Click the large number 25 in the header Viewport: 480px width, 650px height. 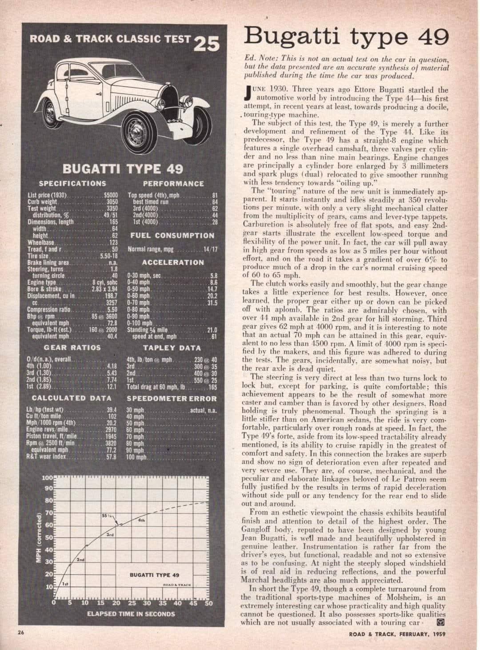pos(208,44)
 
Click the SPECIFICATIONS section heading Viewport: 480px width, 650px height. pos(72,183)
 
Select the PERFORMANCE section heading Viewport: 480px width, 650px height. pos(173,183)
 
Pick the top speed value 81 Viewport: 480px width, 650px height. pos(214,195)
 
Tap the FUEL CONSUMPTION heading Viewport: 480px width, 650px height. pos(172,236)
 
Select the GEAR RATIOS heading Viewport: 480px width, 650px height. pos(72,347)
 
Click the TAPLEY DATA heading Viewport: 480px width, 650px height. pos(172,348)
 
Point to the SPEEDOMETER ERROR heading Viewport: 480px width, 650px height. pos(172,399)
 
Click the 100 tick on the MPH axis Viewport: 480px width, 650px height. pos(48,478)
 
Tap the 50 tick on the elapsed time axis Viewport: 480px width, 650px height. pos(209,603)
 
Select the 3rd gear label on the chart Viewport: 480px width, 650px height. pos(108,535)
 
